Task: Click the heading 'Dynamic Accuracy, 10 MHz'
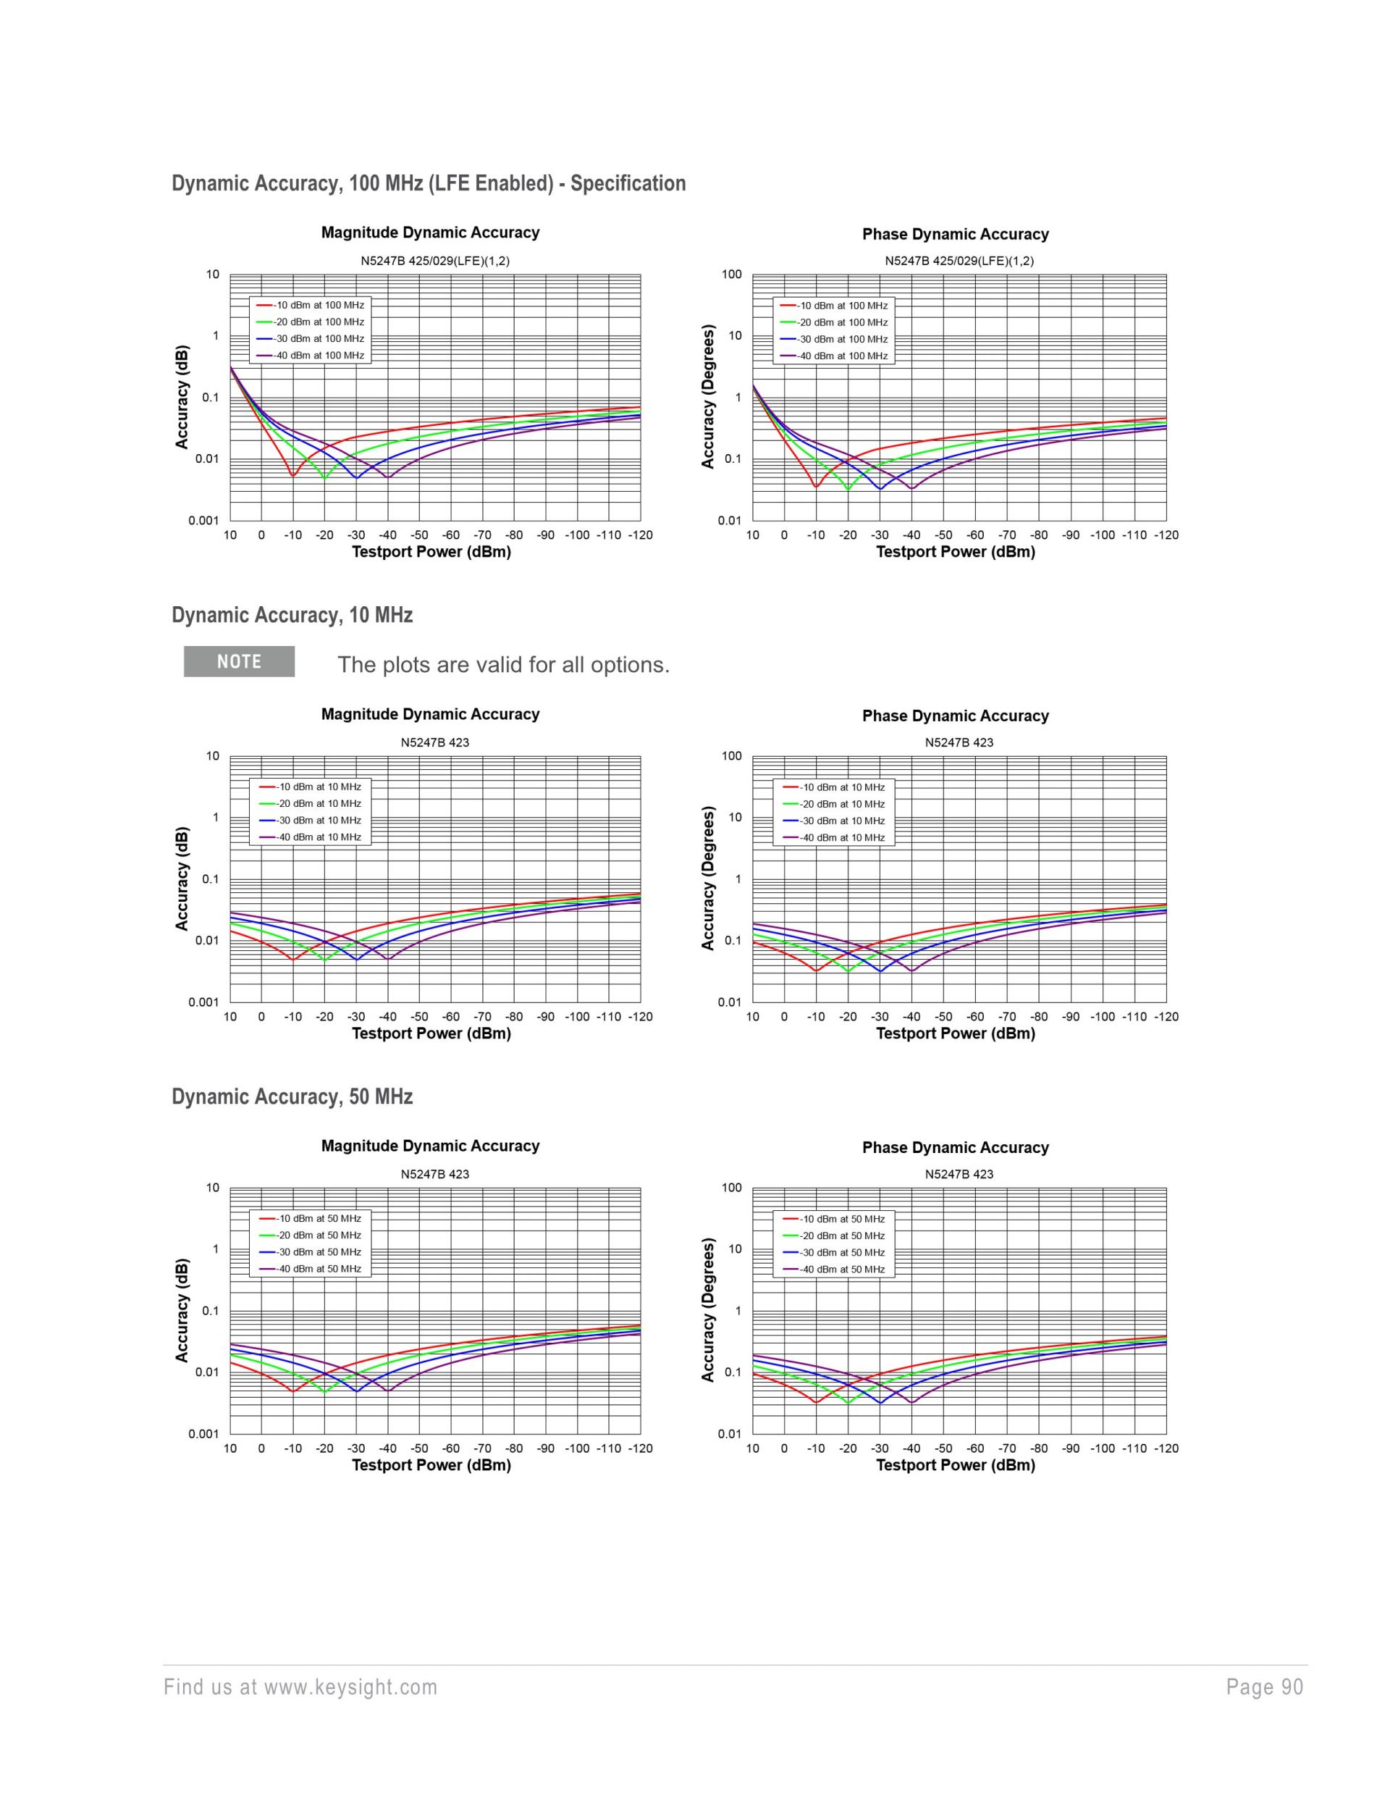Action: [292, 616]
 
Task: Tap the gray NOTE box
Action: [239, 661]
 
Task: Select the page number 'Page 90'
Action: [1264, 1687]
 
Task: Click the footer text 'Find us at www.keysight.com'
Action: [300, 1687]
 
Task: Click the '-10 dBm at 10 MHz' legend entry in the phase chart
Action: [841, 787]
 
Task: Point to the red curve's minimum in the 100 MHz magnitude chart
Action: [292, 474]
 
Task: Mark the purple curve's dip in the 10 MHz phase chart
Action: [911, 970]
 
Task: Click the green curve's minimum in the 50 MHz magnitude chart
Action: [324, 1392]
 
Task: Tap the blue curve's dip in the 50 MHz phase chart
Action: [880, 1403]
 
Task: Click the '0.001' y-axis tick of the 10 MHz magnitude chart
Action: [203, 1002]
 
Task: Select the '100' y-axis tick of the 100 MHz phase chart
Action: [731, 275]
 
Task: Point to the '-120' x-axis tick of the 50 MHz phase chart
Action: [1166, 1448]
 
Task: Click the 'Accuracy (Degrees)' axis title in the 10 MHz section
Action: [707, 878]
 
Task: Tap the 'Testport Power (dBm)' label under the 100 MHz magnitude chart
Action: [431, 552]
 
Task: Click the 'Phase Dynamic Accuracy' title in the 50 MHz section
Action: [955, 1147]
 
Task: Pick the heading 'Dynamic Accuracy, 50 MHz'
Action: [292, 1096]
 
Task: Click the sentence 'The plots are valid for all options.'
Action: [503, 665]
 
